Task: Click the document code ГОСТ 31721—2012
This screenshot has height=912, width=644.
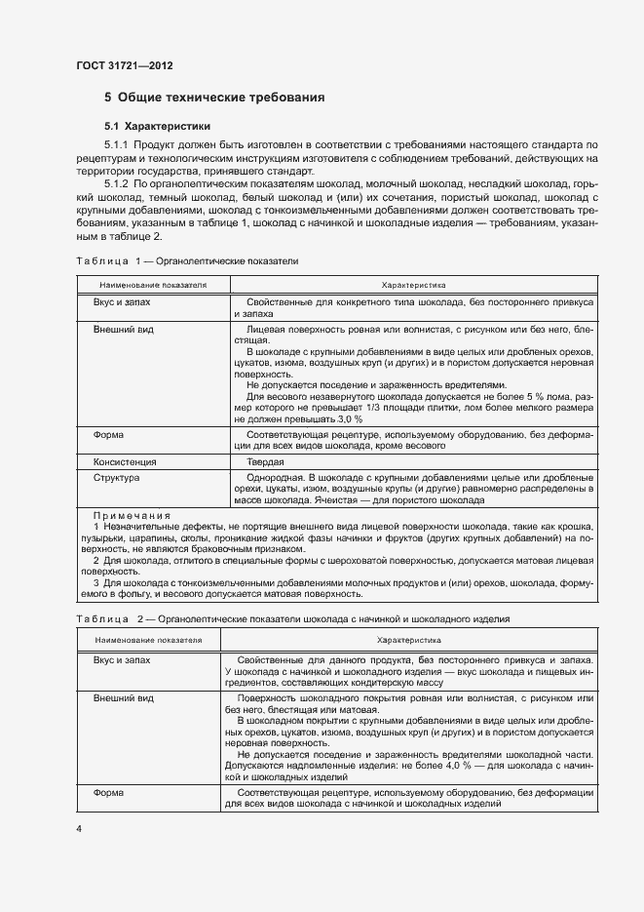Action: [124, 66]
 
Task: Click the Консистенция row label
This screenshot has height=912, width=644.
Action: [125, 460]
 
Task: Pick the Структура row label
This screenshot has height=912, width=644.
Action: [116, 478]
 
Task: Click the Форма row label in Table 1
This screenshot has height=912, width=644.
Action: [107, 434]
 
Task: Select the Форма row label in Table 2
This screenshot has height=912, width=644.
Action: [107, 794]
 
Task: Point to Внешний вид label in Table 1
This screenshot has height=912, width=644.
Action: [123, 331]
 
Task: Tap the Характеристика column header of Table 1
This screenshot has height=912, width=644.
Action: [413, 286]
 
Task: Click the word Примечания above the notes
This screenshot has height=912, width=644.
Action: [132, 515]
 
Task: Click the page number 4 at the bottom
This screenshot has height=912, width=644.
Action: [79, 828]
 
